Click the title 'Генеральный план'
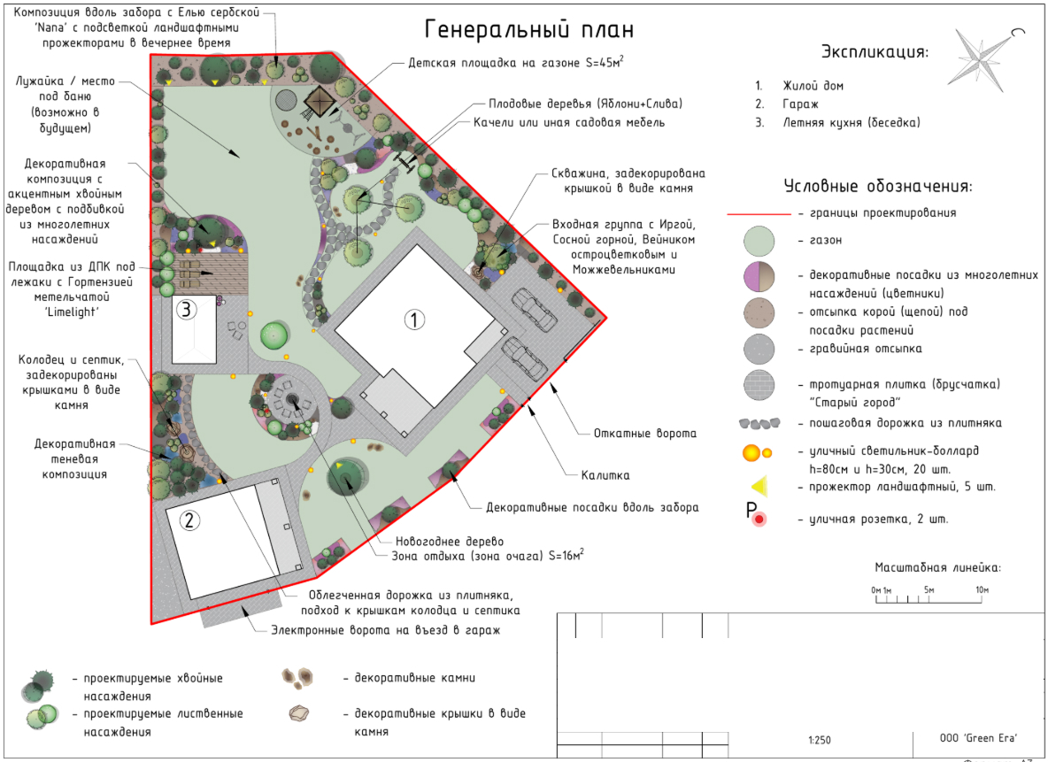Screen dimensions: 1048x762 528,30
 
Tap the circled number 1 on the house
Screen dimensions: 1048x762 414,319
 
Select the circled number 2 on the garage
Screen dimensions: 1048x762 189,520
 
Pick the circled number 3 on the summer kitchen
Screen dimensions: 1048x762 187,309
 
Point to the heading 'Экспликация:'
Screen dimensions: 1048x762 875,51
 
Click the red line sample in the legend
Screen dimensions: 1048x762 759,214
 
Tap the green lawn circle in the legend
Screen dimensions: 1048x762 759,241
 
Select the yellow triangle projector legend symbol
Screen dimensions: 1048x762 759,487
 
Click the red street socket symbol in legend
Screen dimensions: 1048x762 759,519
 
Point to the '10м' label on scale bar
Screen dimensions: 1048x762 981,589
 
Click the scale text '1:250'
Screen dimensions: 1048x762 820,740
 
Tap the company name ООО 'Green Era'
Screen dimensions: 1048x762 978,738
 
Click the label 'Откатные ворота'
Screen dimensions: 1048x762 645,433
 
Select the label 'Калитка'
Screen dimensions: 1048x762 605,475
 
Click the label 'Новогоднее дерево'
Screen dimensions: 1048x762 449,542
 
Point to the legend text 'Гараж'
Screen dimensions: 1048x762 800,104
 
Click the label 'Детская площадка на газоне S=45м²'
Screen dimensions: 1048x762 516,62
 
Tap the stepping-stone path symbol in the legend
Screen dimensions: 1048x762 759,423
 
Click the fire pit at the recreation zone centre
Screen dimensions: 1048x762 292,399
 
